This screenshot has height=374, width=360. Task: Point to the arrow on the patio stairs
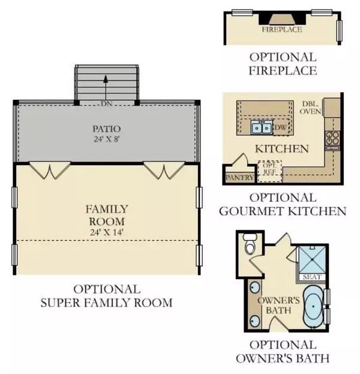(x=106, y=83)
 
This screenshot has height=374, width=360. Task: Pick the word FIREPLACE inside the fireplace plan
(x=281, y=29)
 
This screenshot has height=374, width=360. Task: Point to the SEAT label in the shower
(x=313, y=277)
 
